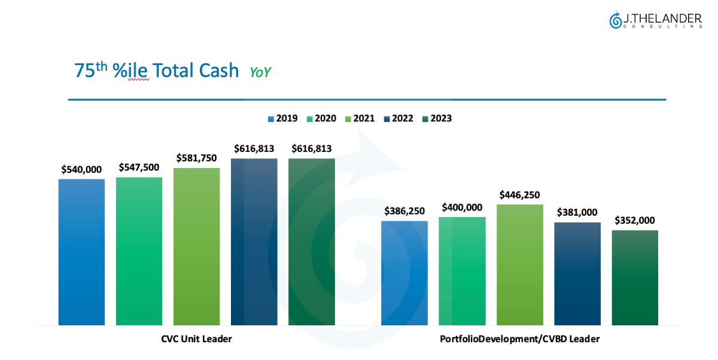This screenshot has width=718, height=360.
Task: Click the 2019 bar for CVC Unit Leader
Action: [x=81, y=252]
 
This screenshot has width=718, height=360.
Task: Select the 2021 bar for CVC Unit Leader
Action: [x=197, y=246]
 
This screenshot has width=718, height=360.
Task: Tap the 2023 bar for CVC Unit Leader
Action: [x=312, y=242]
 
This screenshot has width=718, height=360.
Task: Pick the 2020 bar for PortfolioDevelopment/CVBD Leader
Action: [x=462, y=271]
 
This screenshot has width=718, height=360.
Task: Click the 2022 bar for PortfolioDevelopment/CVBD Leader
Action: [x=577, y=273]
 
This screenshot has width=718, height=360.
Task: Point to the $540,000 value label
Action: [x=81, y=169]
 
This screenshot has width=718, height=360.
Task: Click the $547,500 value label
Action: [x=139, y=167]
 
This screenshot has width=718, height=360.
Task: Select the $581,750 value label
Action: [x=197, y=158]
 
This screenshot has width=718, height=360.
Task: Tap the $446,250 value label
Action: [x=520, y=194]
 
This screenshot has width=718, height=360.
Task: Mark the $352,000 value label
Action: [x=635, y=220]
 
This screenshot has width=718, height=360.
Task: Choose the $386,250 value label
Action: [x=404, y=211]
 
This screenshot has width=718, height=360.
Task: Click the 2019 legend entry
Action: [x=282, y=118]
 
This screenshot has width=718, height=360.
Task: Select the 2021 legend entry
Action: [x=360, y=118]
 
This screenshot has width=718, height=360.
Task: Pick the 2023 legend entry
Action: [x=437, y=118]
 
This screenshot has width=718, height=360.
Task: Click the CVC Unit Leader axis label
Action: [x=196, y=339]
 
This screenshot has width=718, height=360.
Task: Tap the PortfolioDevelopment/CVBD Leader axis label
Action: [x=520, y=339]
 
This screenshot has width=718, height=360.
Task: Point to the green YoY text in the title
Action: [x=260, y=72]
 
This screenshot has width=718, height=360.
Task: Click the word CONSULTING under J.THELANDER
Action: [x=662, y=27]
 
